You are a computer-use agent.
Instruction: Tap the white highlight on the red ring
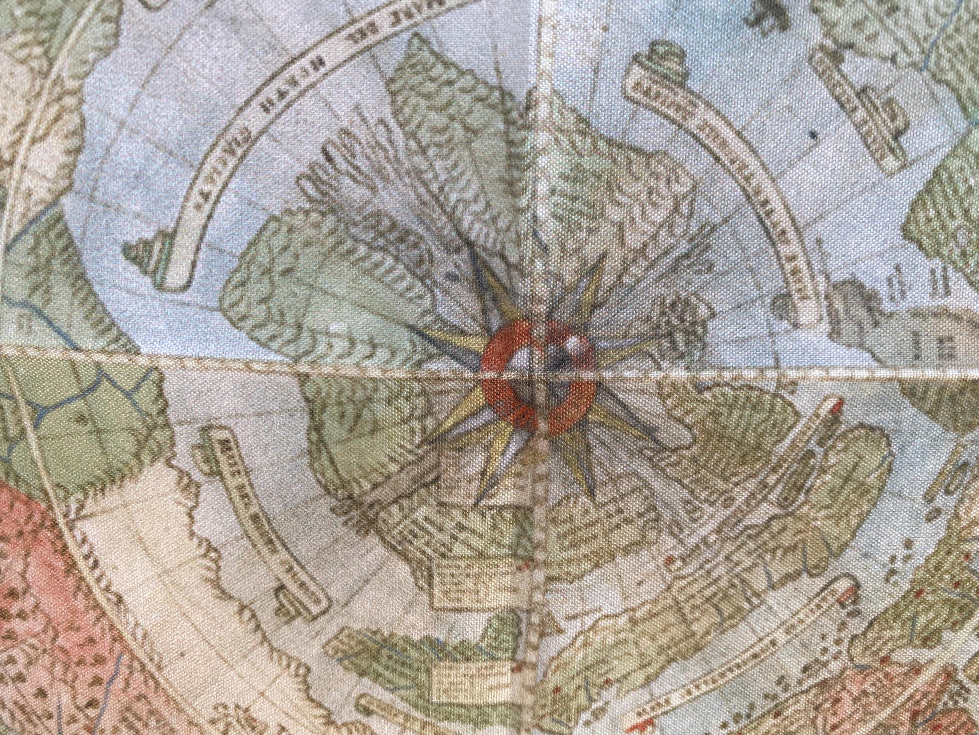click(574, 343)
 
